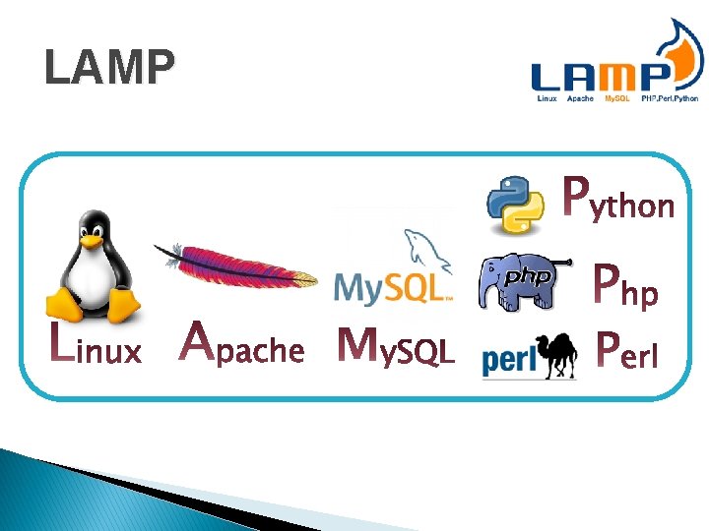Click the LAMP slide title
coord(109,68)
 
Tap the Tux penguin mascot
coord(93,265)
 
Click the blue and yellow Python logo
coord(516,205)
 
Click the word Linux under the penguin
coord(97,347)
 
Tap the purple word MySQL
coord(395,345)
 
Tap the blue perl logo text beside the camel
coord(508,362)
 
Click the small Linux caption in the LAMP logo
coord(547,98)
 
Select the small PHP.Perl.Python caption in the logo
coord(670,98)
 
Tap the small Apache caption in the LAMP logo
coord(580,98)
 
